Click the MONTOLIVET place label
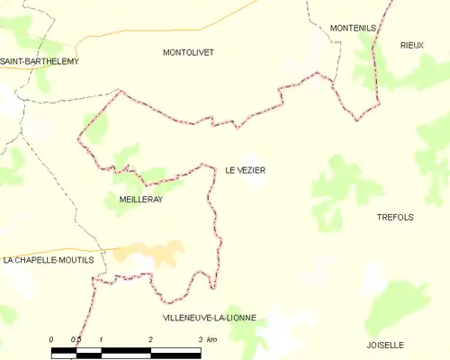coord(188,53)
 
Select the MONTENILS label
coord(353,29)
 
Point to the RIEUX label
coord(412,44)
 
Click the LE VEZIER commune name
coord(246,169)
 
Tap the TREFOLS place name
coord(395,217)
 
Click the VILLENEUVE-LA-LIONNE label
coord(210,318)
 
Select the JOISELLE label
coord(386,345)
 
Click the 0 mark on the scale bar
coord(51,338)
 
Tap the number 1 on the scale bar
coord(101,338)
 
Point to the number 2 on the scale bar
coord(150,338)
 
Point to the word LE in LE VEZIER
coord(230,169)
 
